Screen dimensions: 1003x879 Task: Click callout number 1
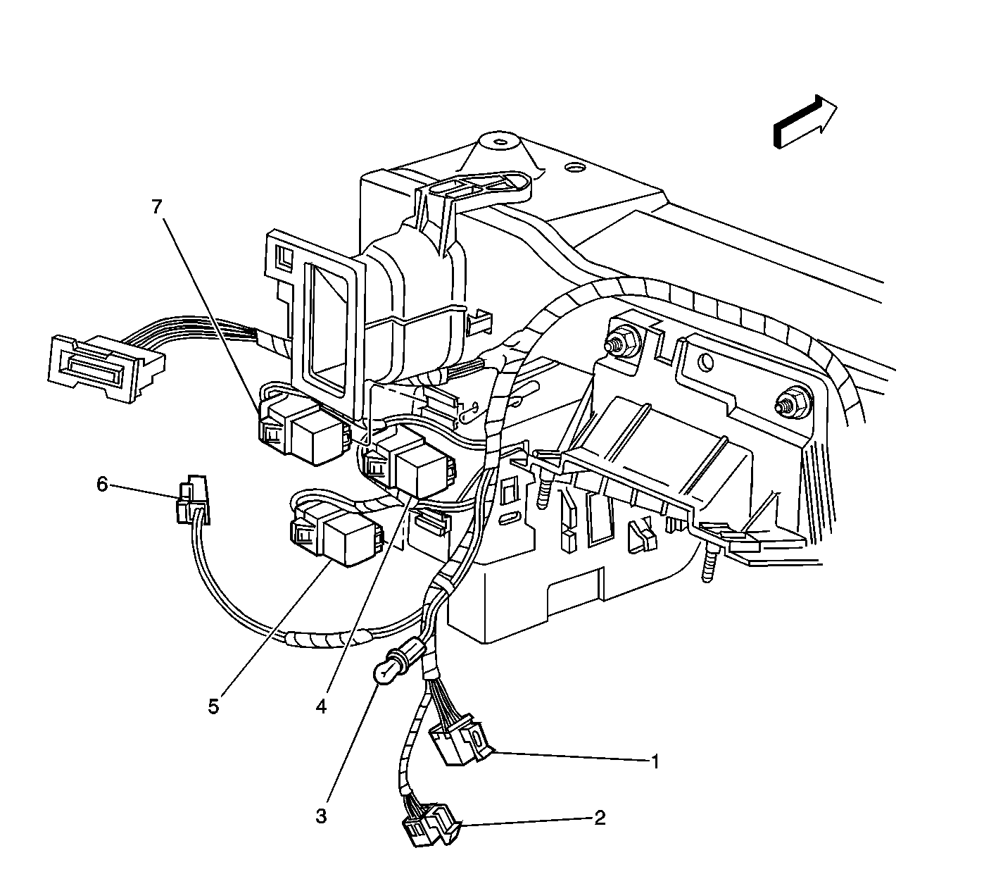(654, 762)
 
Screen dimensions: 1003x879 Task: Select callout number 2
(600, 818)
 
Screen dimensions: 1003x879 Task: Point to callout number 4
(321, 707)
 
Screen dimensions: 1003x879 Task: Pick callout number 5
(213, 707)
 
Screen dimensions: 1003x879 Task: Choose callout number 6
(102, 485)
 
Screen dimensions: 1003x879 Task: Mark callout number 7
(157, 207)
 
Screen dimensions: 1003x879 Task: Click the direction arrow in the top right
(805, 122)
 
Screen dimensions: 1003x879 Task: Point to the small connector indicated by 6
(192, 500)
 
